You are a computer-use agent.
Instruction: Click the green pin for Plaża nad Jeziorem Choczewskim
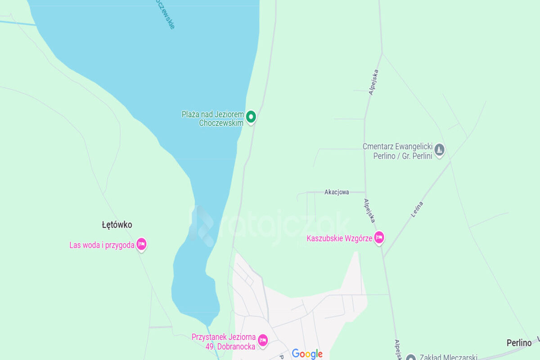(251, 117)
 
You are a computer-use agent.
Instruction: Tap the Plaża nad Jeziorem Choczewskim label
(213, 118)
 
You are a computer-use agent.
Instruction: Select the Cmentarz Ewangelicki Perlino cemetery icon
(440, 149)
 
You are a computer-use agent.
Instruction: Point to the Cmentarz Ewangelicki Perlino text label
(397, 151)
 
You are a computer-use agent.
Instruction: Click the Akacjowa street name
(337, 192)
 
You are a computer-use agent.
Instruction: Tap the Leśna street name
(417, 210)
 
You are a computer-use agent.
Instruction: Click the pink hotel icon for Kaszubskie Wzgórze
(379, 237)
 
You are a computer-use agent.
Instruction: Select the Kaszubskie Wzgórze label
(339, 238)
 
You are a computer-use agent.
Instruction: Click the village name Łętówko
(117, 225)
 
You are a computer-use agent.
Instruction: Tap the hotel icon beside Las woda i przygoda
(142, 244)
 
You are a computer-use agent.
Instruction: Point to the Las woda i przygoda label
(102, 245)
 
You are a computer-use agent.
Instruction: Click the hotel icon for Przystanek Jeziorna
(263, 340)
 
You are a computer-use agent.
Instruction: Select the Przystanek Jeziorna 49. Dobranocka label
(224, 342)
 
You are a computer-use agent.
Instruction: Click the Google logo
(307, 354)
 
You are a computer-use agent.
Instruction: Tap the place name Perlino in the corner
(519, 343)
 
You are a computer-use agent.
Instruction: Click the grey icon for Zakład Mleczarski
(410, 358)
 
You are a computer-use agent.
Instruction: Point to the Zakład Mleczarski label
(448, 357)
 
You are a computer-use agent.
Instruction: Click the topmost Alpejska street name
(373, 82)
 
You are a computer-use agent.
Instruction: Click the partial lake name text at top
(165, 13)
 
